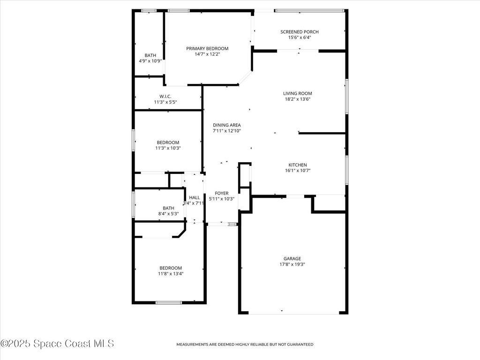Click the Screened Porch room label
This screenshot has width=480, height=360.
tap(300, 32)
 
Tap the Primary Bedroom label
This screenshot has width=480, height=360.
tap(207, 48)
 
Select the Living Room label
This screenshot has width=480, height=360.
tap(298, 93)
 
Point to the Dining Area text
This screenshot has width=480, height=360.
tap(227, 125)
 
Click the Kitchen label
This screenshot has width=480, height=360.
tap(298, 165)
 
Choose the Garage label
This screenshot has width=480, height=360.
tap(292, 258)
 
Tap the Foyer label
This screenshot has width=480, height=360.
tap(222, 193)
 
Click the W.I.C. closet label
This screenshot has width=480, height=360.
tap(165, 97)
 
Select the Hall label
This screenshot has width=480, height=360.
tap(195, 197)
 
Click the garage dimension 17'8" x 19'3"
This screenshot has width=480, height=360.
tap(292, 264)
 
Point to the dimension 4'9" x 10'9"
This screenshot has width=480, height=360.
tap(150, 61)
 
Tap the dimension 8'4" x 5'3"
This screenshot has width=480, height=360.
tap(168, 214)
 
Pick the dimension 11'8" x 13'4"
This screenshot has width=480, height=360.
tap(171, 274)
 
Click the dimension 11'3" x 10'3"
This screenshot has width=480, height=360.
tap(168, 148)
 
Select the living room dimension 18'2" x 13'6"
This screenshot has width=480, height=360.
tap(298, 99)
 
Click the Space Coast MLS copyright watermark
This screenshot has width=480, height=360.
tap(57, 344)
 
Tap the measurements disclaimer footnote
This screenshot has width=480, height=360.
tap(245, 345)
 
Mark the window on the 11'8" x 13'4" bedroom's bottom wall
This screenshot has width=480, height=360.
tap(169, 303)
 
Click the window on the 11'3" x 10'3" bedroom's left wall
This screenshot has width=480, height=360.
tap(134, 140)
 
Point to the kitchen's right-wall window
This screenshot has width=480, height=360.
tap(347, 170)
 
